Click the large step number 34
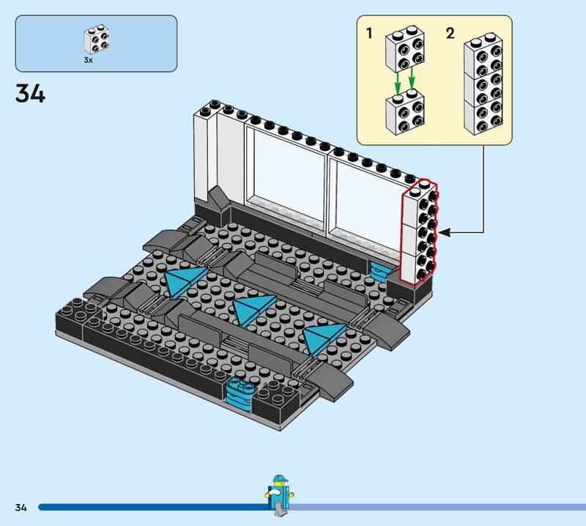pos(30,93)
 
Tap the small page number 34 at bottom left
pos(21,507)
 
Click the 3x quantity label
pos(88,60)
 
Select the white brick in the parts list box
pos(97,40)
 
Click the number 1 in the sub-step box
pos(370,33)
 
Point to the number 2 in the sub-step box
pos(450,33)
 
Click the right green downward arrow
pos(412,80)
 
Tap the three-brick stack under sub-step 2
pos(483,84)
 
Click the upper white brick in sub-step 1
pos(405,49)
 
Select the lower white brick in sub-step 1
pos(405,112)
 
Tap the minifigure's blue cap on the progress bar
pos(280,479)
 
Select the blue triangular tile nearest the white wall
pos(183,280)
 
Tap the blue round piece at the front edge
pos(240,393)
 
